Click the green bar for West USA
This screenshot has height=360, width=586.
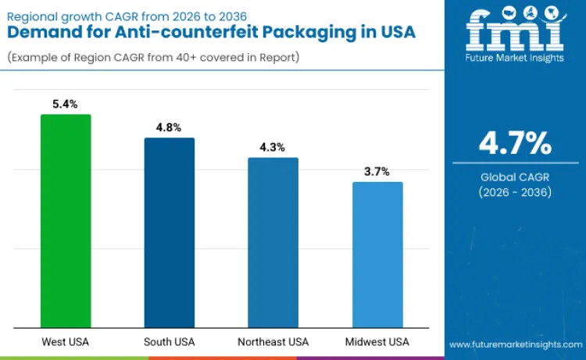pyautogui.click(x=66, y=221)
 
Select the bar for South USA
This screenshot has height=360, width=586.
pyautogui.click(x=170, y=233)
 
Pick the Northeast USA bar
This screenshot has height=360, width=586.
pyautogui.click(x=273, y=243)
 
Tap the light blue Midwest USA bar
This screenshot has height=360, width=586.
pyautogui.click(x=377, y=255)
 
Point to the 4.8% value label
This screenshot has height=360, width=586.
pyautogui.click(x=170, y=127)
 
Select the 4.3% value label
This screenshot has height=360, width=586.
pyautogui.click(x=273, y=147)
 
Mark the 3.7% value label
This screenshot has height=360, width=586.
pyautogui.click(x=377, y=171)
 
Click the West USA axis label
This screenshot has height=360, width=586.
pyautogui.click(x=66, y=342)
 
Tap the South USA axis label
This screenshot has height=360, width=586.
pyautogui.click(x=170, y=342)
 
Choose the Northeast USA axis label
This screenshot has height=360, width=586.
pyautogui.click(x=273, y=342)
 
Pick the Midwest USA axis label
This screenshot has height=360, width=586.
pyautogui.click(x=377, y=342)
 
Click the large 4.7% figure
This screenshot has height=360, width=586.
pyautogui.click(x=515, y=144)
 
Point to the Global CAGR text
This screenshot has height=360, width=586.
pyautogui.click(x=515, y=177)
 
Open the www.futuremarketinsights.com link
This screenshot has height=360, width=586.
pyautogui.click(x=515, y=344)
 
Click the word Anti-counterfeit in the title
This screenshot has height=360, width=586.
pyautogui.click(x=161, y=32)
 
